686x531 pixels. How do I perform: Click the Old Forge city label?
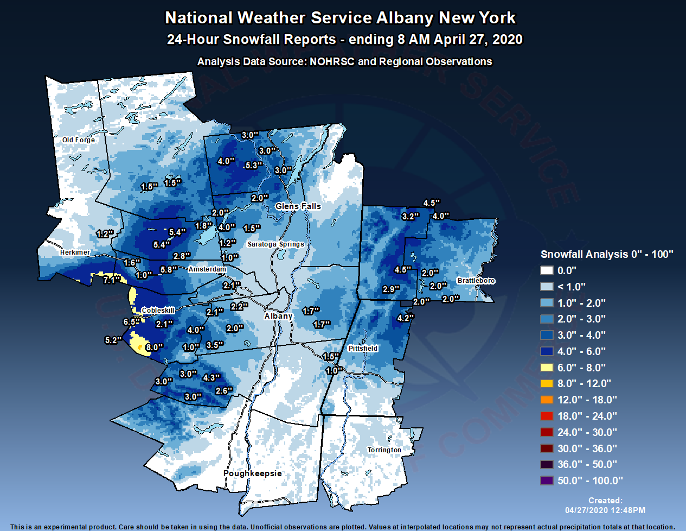[x=78, y=140]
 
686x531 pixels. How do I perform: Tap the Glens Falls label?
[x=298, y=206]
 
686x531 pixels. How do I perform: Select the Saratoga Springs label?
[x=275, y=244]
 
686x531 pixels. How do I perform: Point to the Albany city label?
[x=278, y=316]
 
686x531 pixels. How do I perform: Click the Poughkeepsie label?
[x=252, y=473]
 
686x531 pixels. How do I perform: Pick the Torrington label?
[x=384, y=450]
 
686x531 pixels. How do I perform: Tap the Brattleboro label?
[x=476, y=281]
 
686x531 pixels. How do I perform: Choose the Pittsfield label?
[x=363, y=349]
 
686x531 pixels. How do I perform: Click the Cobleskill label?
[x=158, y=311]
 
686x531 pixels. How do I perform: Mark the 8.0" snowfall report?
[x=154, y=347]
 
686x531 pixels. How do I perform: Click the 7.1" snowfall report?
[x=112, y=280]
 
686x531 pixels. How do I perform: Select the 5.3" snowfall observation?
[x=253, y=166]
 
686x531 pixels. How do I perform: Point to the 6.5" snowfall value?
[x=131, y=322]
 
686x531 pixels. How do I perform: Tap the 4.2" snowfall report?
[x=405, y=318]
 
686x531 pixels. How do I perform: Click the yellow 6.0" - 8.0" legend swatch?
[x=547, y=368]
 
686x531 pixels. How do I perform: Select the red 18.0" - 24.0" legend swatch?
[x=547, y=416]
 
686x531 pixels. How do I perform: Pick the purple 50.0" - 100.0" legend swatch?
[x=547, y=481]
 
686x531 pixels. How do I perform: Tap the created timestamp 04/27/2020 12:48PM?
[x=605, y=510]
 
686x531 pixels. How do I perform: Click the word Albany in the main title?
[x=405, y=18]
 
